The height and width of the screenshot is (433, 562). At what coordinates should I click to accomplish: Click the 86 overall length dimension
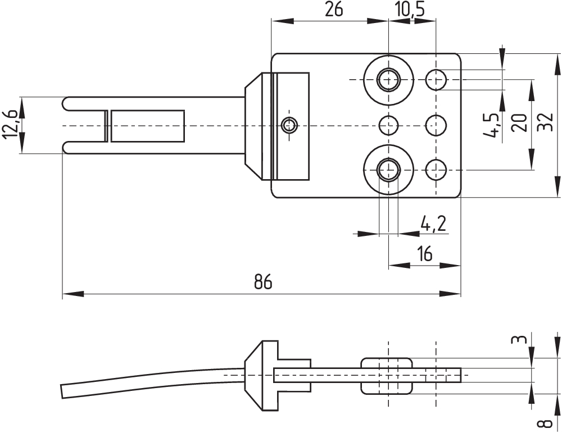263,281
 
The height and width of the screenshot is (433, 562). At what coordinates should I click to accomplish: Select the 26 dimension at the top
334,10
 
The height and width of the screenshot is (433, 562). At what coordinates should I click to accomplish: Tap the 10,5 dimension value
410,10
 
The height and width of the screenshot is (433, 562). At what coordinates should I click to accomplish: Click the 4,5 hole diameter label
490,125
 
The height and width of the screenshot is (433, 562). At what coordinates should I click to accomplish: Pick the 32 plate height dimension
546,122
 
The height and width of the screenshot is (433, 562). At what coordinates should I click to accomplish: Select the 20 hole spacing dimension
519,122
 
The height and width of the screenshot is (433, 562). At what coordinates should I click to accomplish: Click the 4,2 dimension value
433,224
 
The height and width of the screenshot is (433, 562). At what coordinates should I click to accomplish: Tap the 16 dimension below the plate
425,254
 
